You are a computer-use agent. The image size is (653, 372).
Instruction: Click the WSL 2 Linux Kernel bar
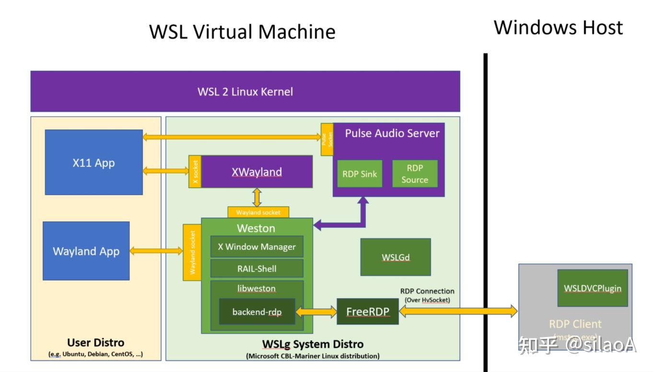coord(245,92)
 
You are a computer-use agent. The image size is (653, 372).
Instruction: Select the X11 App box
coord(94,163)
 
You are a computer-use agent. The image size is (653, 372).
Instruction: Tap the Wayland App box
coord(86,251)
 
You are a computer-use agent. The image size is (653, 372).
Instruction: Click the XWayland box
coord(257,172)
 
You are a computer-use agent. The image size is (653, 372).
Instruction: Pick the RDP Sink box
coord(360,174)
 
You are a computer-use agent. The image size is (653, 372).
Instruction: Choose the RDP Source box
coord(415,174)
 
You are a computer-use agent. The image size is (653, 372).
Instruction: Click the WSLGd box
coord(396,257)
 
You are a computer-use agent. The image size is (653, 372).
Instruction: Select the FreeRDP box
coord(368,312)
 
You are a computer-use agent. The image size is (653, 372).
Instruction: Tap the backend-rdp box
coord(257,312)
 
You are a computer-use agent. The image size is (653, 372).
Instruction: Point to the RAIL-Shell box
coord(257,268)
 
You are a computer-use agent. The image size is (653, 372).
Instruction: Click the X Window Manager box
coord(257,247)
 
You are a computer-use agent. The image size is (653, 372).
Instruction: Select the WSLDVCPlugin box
coord(593,288)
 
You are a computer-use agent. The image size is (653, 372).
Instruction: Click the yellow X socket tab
coord(195,172)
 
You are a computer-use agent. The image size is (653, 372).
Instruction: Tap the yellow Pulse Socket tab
coord(327,139)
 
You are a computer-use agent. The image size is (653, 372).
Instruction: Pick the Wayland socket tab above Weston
coord(258,212)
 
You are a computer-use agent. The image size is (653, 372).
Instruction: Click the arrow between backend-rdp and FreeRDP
coord(316,312)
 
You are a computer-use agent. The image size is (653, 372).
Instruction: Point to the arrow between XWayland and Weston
coord(258,197)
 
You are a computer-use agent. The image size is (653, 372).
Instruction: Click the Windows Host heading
coord(558,27)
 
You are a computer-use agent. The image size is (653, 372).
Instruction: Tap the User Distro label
coord(96,343)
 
